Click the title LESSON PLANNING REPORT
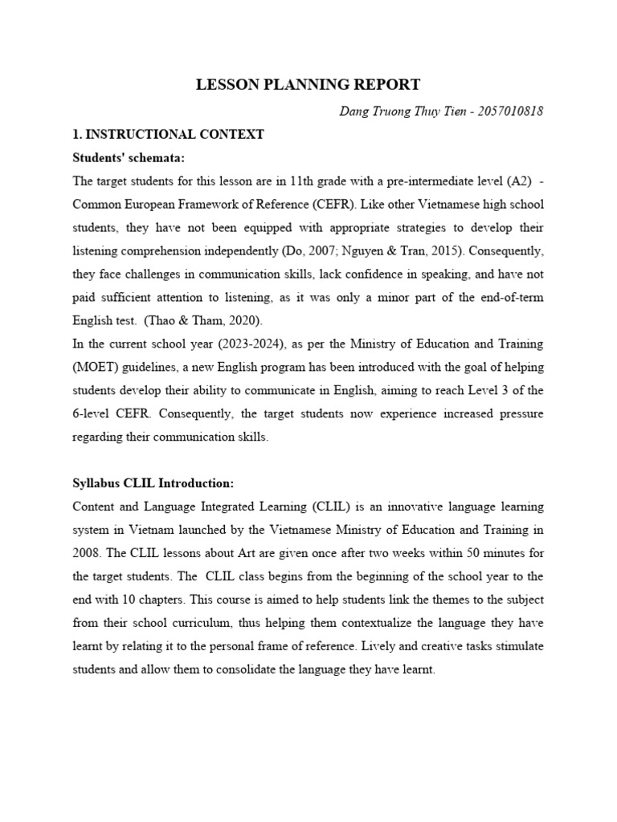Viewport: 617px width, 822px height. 308,85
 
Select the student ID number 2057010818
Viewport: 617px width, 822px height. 510,111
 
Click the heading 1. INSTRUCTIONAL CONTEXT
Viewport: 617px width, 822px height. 168,134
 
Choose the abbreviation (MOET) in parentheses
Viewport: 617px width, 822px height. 96,368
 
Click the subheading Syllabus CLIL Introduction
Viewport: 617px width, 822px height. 153,484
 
